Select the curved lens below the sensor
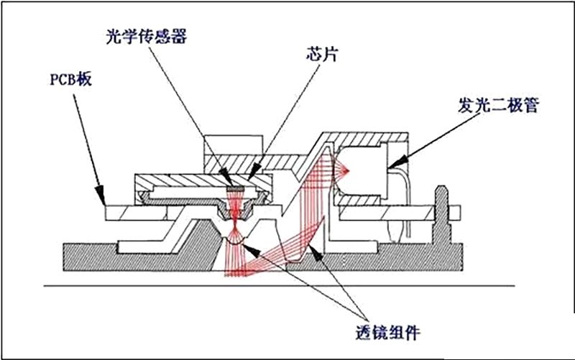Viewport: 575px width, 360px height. click(235, 244)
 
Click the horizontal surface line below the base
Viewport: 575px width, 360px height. click(287, 289)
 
